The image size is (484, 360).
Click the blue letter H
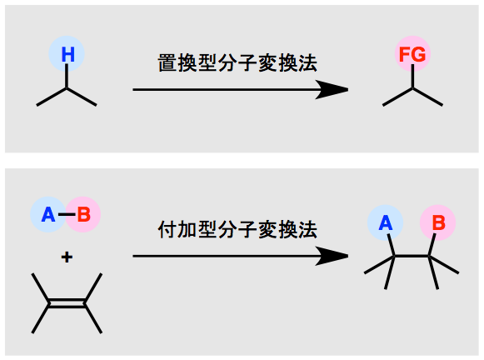pos(68,54)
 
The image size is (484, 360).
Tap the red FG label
pos(412,54)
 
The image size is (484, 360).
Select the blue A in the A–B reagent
pos(48,214)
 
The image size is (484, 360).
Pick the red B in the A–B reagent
pos(83,214)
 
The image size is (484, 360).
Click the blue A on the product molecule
pos(386,222)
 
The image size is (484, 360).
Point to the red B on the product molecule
pos(439,222)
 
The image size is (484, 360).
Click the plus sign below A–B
pos(67,257)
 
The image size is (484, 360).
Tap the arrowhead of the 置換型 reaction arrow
pos(332,90)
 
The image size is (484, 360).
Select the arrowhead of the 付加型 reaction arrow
pos(332,256)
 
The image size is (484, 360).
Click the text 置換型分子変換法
pos(237,63)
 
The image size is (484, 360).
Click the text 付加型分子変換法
pos(237,230)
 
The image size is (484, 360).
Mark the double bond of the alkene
pos(67,303)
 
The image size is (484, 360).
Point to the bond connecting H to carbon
pos(67,76)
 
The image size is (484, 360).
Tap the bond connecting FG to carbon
pos(412,77)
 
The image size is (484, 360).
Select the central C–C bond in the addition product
pos(412,257)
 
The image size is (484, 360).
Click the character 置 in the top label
pos(167,63)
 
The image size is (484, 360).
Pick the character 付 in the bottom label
pos(167,230)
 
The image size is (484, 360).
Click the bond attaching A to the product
pos(391,245)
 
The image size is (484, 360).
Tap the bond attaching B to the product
pos(432,245)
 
